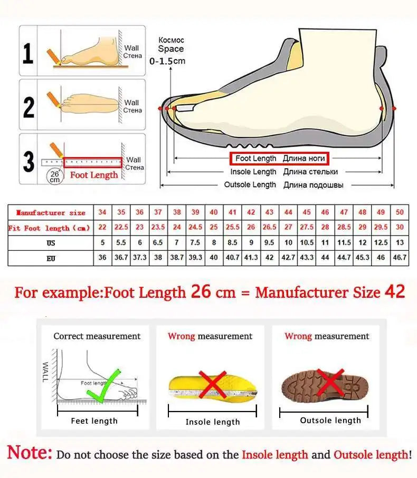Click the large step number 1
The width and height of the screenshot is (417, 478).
(29, 54)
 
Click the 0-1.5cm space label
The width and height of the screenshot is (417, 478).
(167, 61)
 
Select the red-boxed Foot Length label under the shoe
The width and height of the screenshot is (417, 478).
(279, 158)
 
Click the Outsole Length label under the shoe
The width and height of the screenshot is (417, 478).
(283, 185)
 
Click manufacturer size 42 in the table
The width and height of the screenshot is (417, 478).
(251, 212)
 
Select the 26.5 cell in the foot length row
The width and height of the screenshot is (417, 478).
(270, 228)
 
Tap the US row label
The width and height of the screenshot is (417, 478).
(51, 243)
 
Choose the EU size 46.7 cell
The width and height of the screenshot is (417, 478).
(400, 258)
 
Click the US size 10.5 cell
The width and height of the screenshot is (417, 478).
(307, 243)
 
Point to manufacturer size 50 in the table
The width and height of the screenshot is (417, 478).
(400, 212)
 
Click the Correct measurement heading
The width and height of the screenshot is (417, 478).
(97, 336)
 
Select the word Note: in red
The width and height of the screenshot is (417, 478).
(30, 452)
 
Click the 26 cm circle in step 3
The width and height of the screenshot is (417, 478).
(54, 176)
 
